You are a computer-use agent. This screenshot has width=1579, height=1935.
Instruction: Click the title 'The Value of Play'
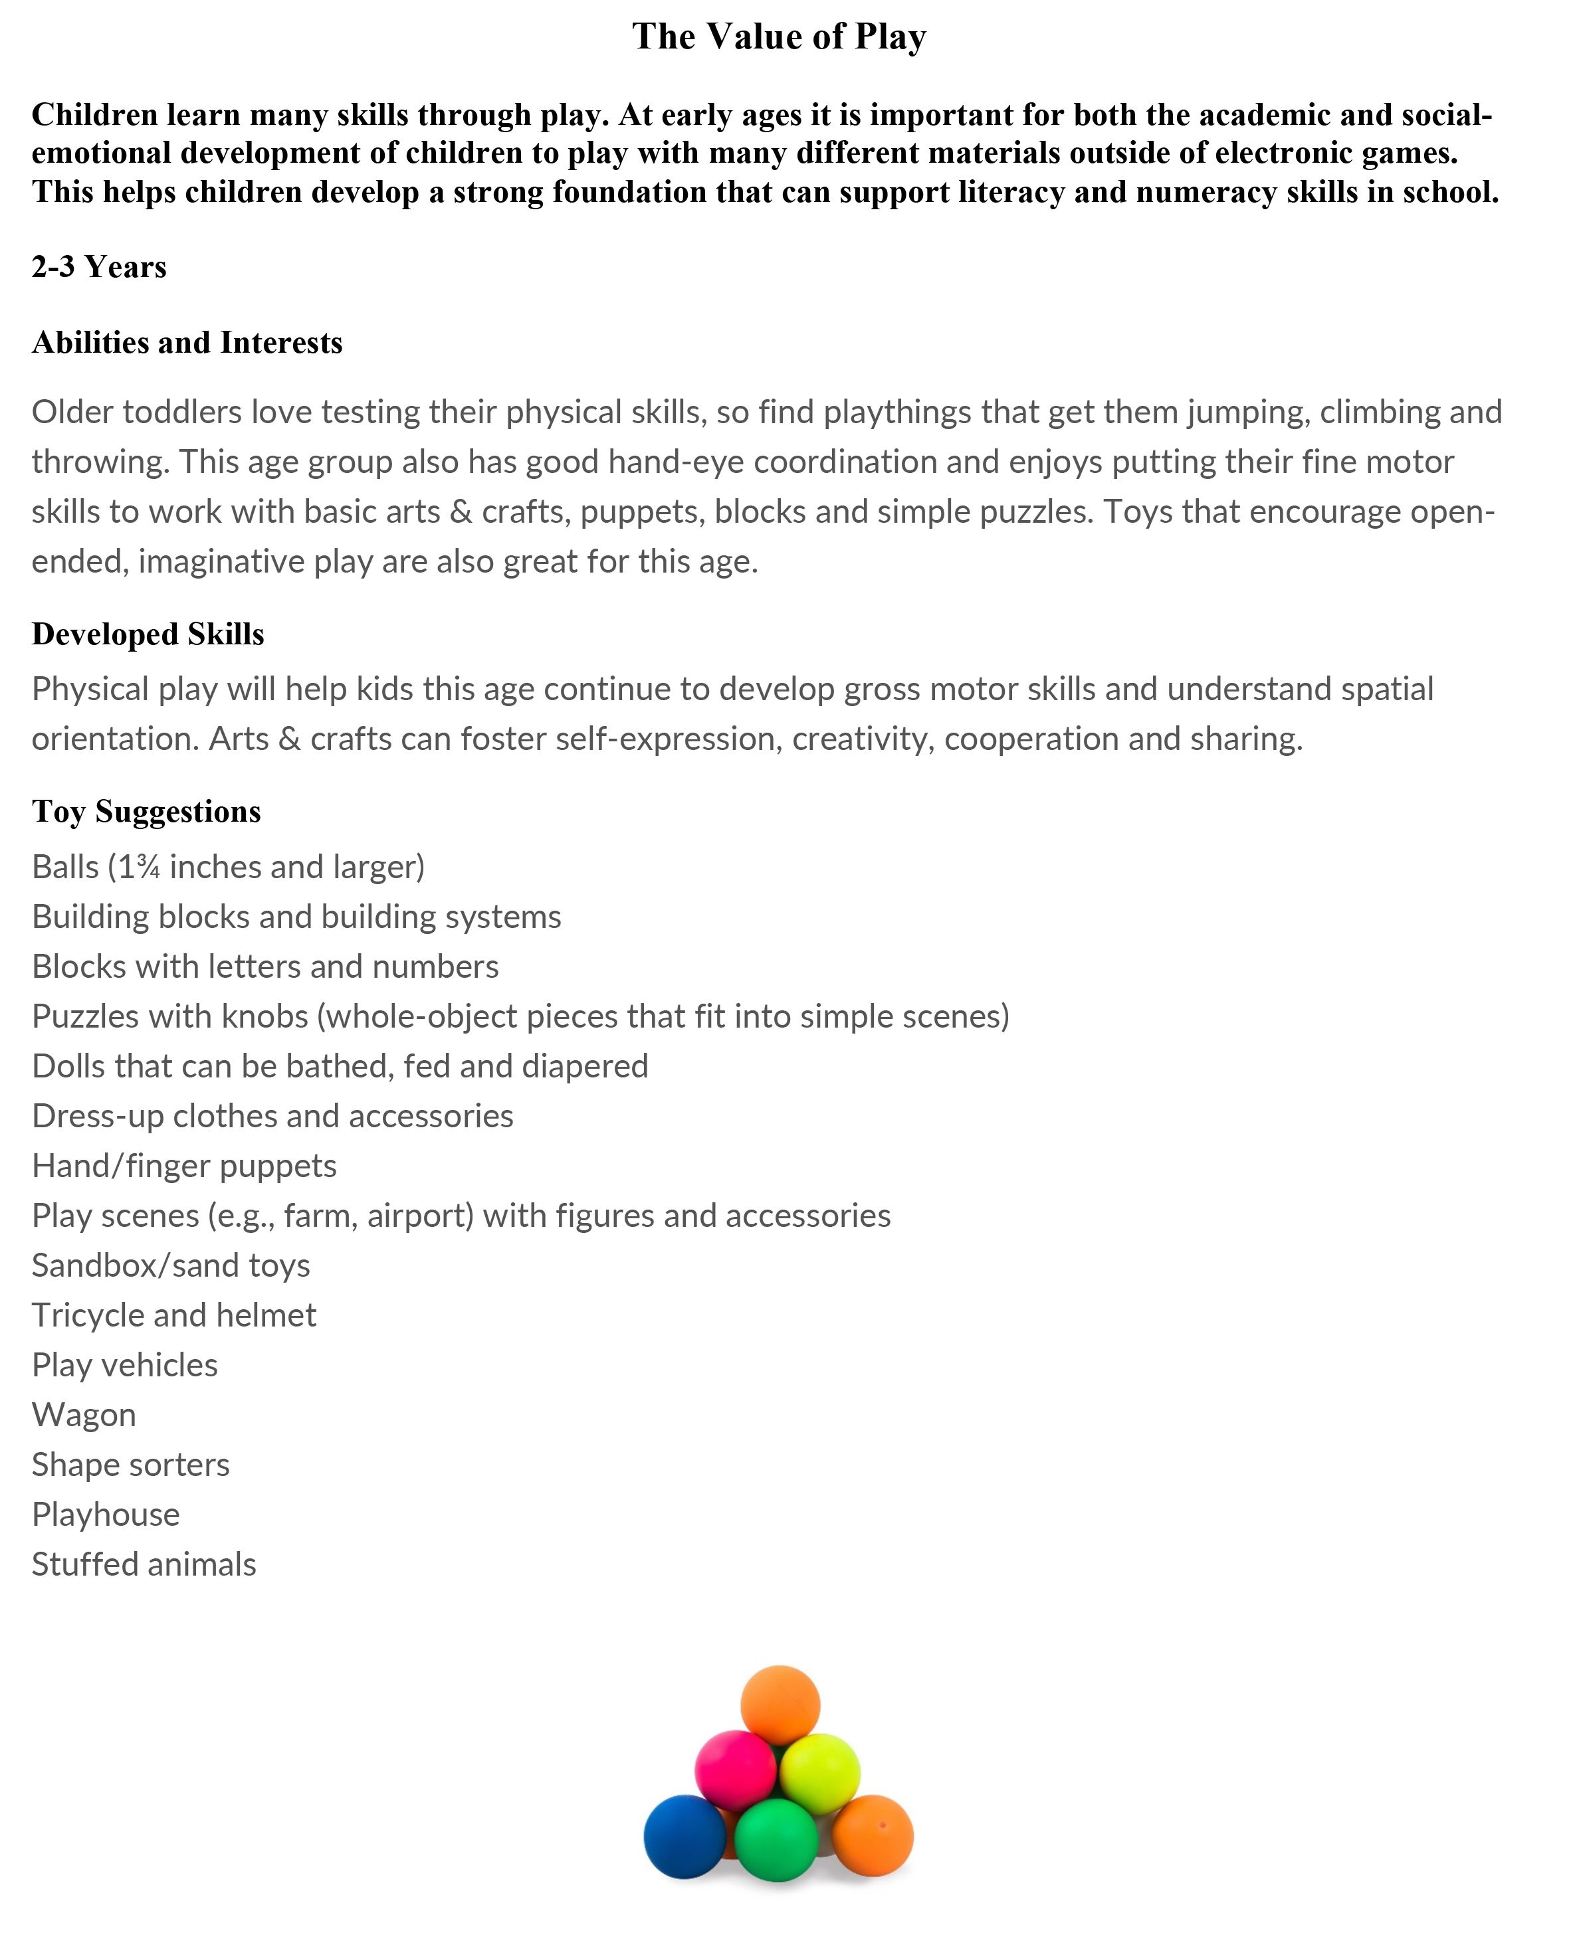[x=779, y=37]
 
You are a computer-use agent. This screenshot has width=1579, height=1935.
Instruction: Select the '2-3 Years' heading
[x=99, y=267]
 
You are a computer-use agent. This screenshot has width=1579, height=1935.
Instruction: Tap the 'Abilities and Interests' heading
[x=187, y=343]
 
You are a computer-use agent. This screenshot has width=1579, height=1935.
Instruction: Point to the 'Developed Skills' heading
[x=148, y=634]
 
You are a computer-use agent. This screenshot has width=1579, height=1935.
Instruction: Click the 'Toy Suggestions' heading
[x=146, y=812]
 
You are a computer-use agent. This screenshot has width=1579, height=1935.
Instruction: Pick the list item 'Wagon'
[x=84, y=1416]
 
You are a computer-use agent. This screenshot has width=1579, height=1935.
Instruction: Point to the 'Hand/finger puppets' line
[x=183, y=1166]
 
